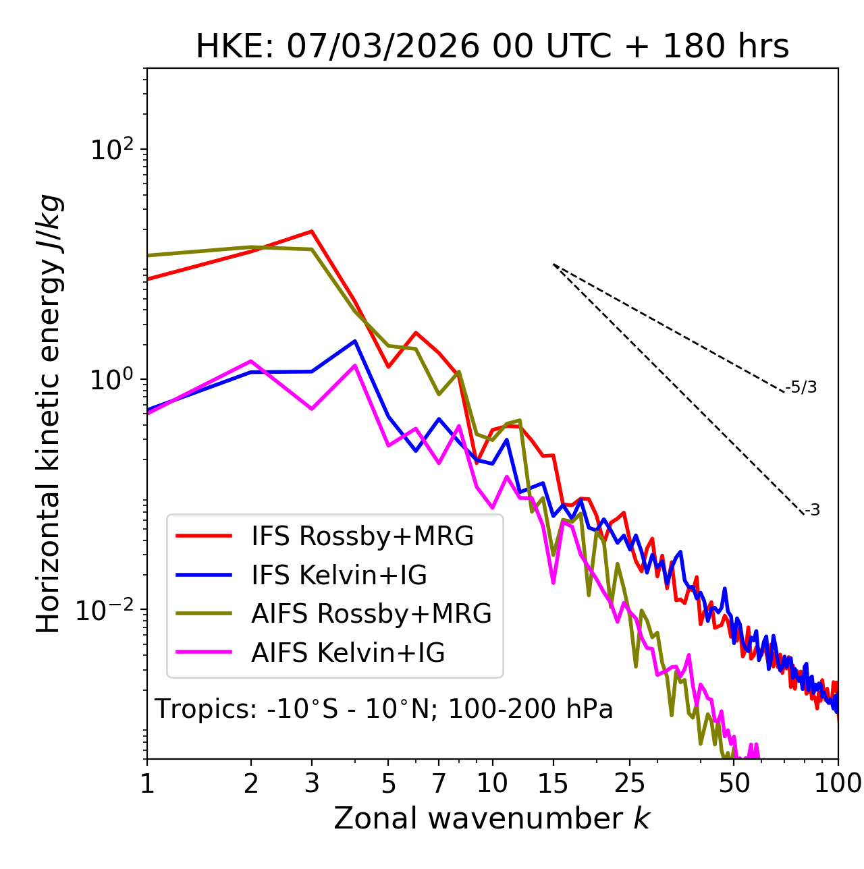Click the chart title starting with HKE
(492, 47)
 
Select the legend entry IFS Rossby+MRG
(362, 536)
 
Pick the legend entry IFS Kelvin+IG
(339, 576)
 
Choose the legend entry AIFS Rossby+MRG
(371, 614)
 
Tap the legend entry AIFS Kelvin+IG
(348, 653)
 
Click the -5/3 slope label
(801, 387)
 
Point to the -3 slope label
(812, 511)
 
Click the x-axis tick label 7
(439, 784)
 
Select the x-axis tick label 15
(553, 784)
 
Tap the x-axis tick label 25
(630, 784)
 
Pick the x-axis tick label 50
(734, 784)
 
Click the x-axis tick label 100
(837, 784)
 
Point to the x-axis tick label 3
(312, 784)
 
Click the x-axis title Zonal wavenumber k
(492, 819)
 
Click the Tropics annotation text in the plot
(384, 710)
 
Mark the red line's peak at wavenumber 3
(312, 231)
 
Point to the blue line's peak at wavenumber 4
(355, 341)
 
